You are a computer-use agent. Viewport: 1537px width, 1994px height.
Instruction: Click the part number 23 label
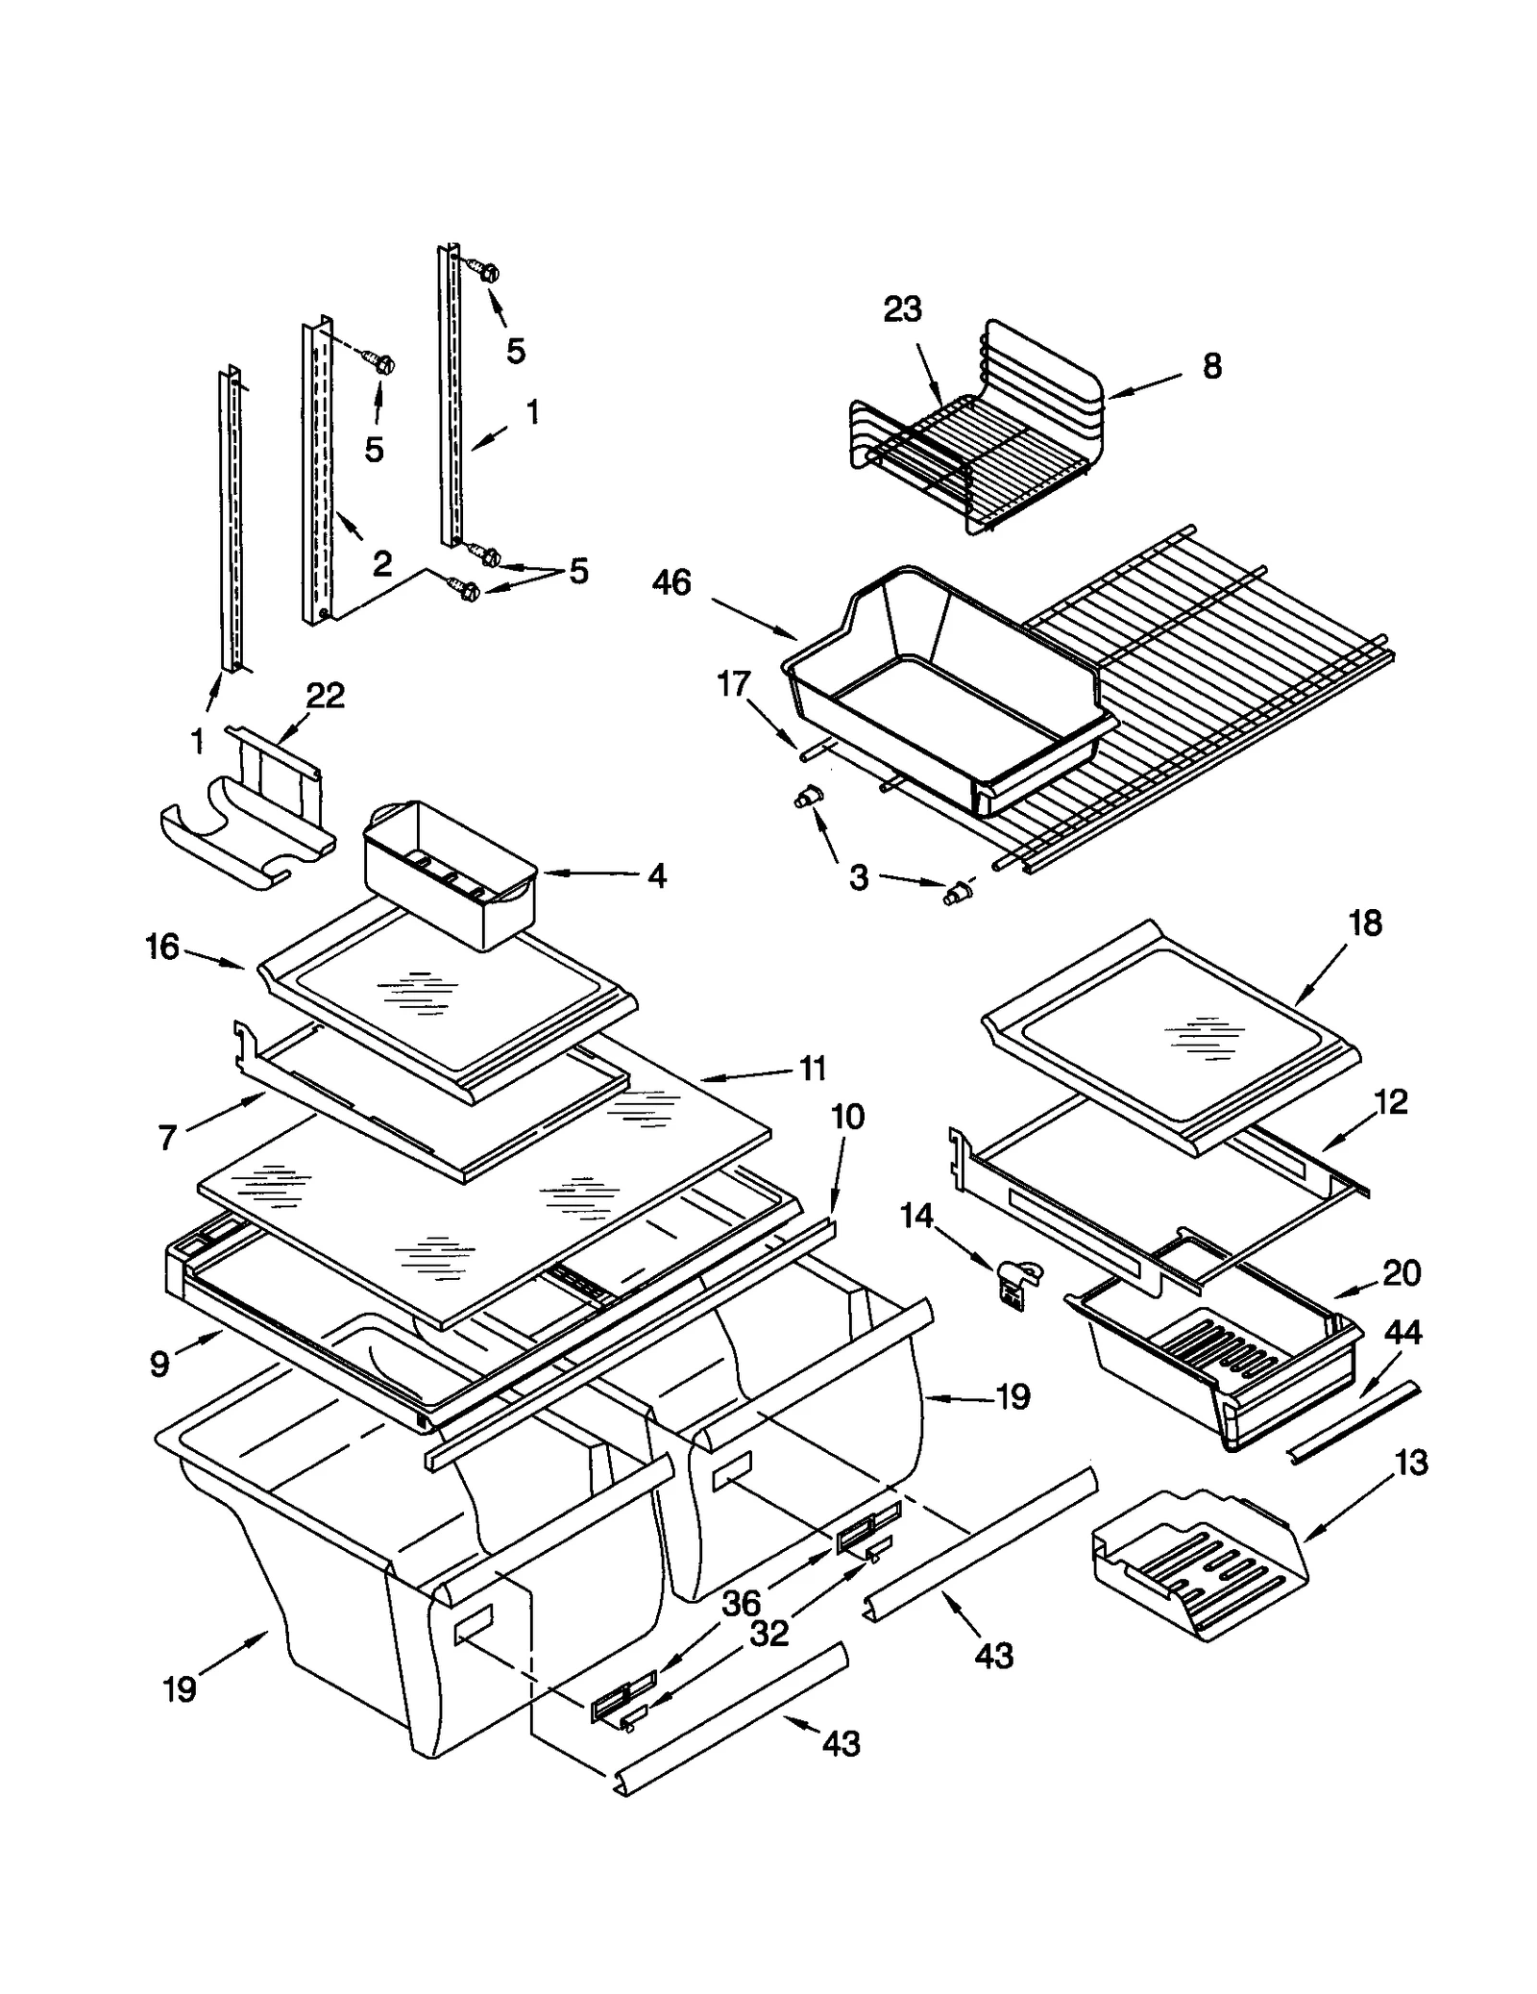click(x=902, y=309)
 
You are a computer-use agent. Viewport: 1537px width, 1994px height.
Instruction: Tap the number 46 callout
click(x=671, y=582)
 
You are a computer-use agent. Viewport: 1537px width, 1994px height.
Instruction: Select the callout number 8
click(x=1212, y=366)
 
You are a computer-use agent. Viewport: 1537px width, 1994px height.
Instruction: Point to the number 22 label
click(x=325, y=696)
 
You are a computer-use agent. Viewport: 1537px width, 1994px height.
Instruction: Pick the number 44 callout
click(x=1403, y=1333)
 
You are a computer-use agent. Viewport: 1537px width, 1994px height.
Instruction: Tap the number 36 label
click(x=741, y=1602)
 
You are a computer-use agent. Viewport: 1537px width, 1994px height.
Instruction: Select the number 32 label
click(x=769, y=1633)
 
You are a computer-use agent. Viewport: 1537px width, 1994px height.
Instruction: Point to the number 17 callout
click(x=733, y=684)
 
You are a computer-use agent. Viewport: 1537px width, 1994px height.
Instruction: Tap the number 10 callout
click(x=847, y=1117)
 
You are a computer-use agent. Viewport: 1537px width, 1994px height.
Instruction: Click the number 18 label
click(x=1365, y=923)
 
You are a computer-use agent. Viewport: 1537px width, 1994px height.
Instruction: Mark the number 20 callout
click(x=1402, y=1273)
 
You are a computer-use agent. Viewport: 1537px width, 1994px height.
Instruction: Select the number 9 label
click(x=159, y=1364)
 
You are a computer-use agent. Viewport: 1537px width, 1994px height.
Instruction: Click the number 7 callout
click(x=167, y=1139)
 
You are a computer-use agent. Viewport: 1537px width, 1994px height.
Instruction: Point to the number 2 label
click(x=381, y=564)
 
